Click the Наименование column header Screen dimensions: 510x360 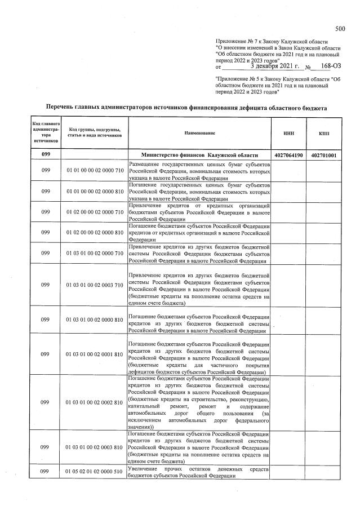point(199,133)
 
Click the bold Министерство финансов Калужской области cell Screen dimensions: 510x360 point(199,155)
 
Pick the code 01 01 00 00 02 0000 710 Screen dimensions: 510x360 point(94,170)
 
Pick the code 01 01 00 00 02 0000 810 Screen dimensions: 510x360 point(94,191)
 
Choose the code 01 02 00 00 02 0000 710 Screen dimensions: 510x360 point(94,212)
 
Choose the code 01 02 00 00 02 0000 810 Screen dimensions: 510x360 point(94,232)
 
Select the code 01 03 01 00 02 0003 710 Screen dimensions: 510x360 point(94,285)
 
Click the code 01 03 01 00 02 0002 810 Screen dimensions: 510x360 point(94,403)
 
